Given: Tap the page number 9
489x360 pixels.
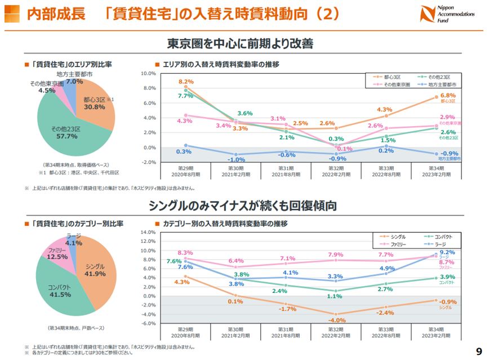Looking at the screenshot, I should [478, 350].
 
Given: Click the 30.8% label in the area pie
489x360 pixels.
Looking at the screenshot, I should [94, 106].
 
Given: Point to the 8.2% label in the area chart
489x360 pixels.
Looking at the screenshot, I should [186, 82].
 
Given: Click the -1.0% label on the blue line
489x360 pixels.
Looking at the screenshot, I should [236, 159].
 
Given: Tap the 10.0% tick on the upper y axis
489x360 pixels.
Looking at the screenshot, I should [148, 73].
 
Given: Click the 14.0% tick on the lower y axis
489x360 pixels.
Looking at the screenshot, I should [147, 232].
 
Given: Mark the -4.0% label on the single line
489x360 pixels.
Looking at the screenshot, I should [336, 320].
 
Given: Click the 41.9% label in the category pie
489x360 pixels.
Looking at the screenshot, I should [95, 274].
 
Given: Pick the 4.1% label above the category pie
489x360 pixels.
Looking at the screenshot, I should [74, 243].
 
